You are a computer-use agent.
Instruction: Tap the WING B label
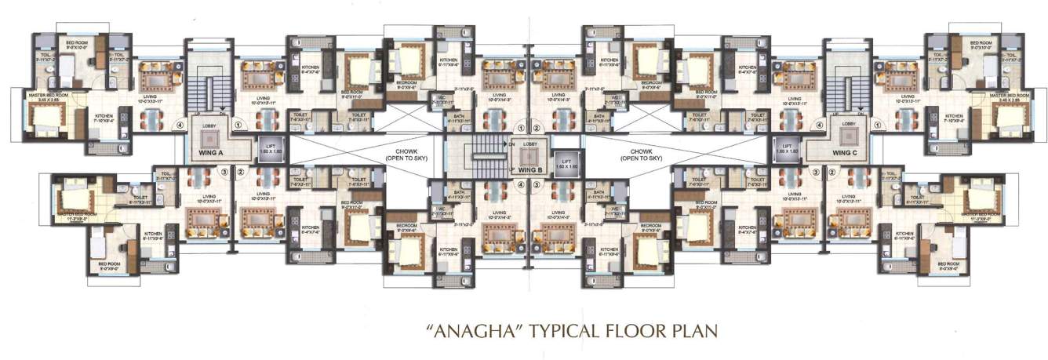[530, 169]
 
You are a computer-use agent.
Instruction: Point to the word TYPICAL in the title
[571, 329]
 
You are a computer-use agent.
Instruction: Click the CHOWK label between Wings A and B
[406, 154]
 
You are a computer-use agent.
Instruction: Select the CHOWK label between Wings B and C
[645, 154]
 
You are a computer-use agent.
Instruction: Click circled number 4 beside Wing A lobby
[180, 124]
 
